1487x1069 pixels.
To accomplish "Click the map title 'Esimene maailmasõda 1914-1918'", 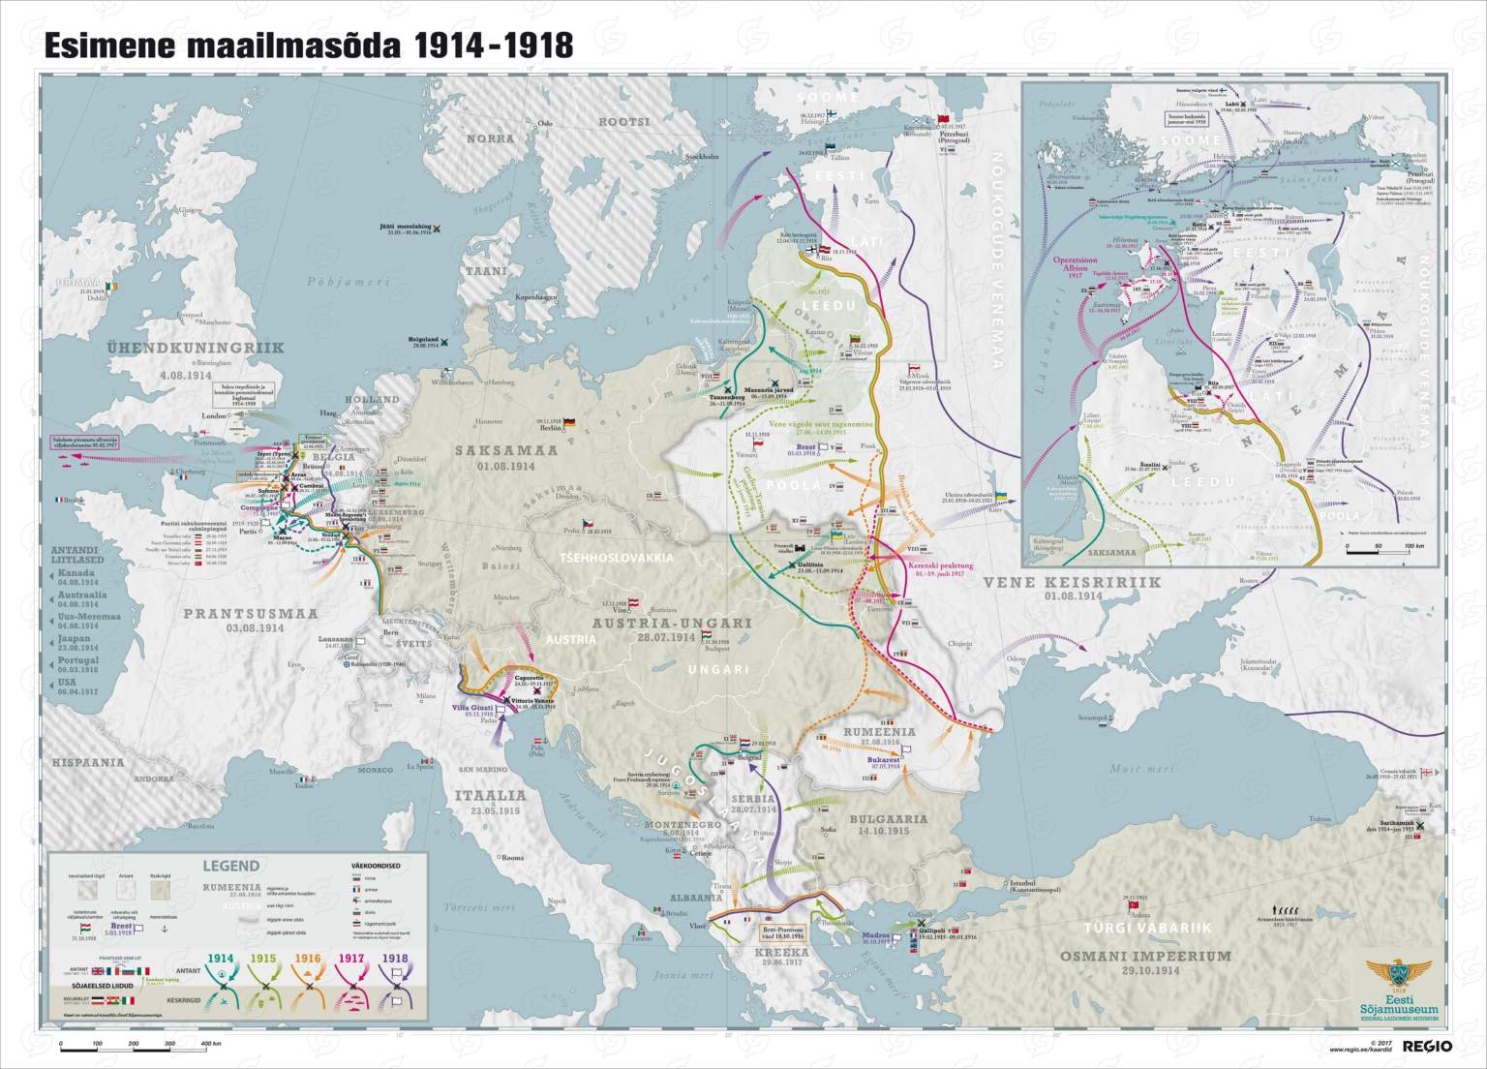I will pos(308,46).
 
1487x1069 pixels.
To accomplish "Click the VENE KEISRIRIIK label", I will pos(1072,582).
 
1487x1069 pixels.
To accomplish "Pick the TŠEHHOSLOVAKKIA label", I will pos(616,558).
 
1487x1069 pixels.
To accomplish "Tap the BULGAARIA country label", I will pos(888,819).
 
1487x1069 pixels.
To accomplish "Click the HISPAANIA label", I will pos(88,762).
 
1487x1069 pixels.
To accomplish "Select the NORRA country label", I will pos(491,138).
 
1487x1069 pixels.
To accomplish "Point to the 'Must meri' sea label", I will pos(1141,769).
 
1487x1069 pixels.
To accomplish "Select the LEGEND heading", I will pos(230,866).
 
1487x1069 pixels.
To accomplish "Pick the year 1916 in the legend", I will pos(308,959).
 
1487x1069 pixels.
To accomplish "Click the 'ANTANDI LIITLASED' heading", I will pos(77,555).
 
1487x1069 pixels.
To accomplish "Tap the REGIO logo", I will pos(1427,1046).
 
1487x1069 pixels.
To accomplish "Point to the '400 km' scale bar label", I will pos(210,1044).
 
